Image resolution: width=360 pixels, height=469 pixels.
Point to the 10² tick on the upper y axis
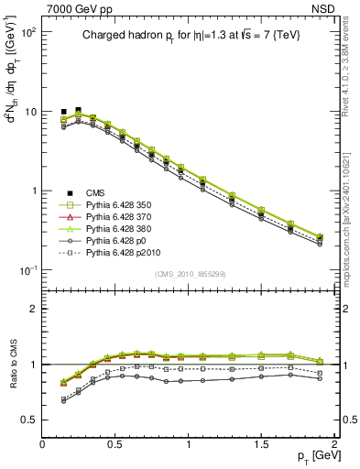tap(29, 32)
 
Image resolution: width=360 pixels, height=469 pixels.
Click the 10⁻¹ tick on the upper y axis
tap(29, 270)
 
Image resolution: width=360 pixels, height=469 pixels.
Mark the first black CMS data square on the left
tap(64, 112)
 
